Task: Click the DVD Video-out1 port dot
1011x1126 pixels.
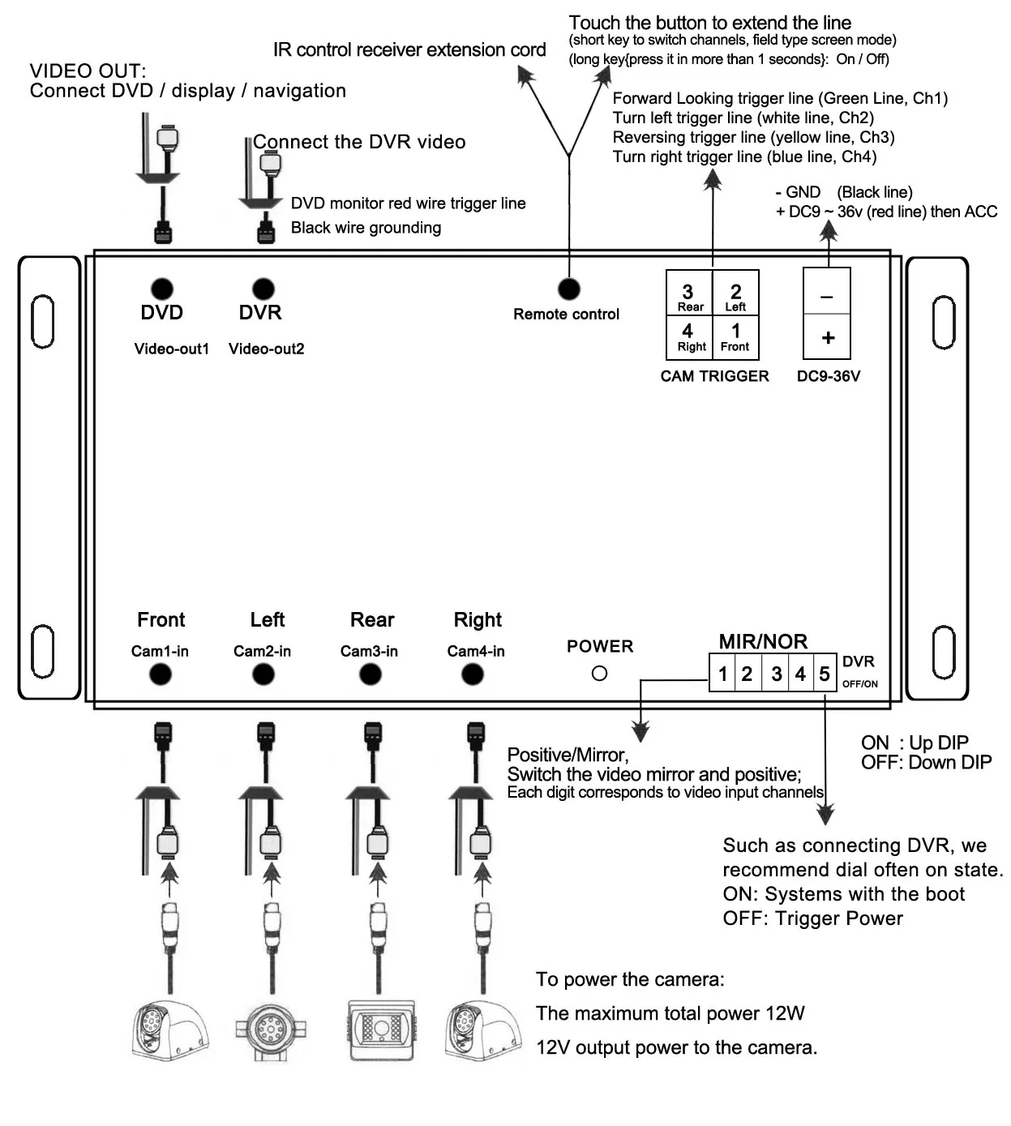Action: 162,289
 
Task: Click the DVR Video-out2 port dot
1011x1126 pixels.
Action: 263,289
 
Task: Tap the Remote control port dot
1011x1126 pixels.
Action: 569,289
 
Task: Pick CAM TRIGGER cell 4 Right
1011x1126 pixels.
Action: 689,336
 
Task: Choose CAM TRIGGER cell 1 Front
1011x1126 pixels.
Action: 735,336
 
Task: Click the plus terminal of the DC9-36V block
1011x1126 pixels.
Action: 827,337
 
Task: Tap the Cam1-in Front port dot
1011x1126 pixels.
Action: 161,674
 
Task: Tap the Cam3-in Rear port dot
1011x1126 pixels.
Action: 371,674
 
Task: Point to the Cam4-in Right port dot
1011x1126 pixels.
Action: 473,674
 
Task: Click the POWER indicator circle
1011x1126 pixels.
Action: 599,673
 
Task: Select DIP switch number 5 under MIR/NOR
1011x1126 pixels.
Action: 825,673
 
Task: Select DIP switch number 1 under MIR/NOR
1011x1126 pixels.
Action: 722,673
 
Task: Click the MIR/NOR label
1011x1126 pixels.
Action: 763,641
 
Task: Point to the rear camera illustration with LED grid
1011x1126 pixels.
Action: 381,1030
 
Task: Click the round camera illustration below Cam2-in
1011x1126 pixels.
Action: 267,1030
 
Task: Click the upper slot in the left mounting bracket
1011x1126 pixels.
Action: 42,322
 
